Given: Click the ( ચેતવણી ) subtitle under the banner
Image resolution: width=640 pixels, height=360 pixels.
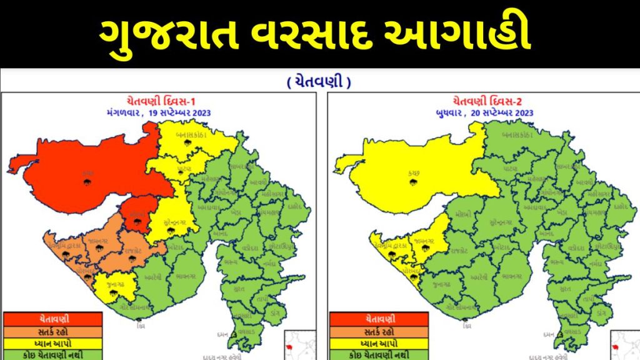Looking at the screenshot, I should pos(319,82).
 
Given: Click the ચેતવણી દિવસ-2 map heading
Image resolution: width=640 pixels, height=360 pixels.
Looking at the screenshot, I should pos(484,100).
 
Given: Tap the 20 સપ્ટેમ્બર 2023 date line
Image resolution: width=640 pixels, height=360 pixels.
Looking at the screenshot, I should pos(484,112).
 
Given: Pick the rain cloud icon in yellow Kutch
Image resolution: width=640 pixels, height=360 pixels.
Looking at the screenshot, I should pos(412,182).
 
